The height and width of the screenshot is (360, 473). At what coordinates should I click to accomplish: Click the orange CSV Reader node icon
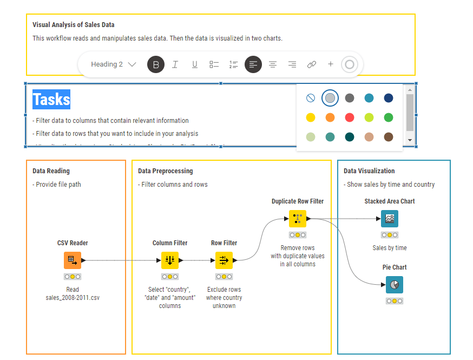point(72,260)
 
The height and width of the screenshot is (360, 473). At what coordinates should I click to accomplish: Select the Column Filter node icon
point(170,260)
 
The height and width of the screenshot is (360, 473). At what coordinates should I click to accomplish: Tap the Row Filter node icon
point(224,260)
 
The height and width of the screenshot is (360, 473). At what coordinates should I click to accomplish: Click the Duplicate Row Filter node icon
point(297,219)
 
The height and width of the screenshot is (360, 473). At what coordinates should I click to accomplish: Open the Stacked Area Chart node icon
point(390,219)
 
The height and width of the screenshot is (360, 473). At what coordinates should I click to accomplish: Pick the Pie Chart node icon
point(395,285)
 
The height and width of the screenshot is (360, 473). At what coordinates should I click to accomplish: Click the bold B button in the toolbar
point(156,64)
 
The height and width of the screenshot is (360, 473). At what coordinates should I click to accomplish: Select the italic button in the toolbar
point(175,64)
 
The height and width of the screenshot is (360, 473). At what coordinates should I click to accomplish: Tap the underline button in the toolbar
point(195,64)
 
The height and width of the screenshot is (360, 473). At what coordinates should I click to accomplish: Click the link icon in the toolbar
point(312,64)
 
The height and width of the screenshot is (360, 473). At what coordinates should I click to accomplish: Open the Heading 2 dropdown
point(113,64)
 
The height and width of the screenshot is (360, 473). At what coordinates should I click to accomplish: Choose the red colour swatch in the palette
point(350,117)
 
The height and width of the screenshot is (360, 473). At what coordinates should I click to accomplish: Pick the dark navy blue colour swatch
point(389,98)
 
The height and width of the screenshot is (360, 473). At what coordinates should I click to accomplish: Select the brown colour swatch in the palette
point(389,137)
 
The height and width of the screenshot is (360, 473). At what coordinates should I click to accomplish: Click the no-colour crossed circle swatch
point(311,98)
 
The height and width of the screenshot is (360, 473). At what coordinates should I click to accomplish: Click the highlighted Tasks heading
point(51,100)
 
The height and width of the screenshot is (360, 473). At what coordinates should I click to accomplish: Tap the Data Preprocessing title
point(165,171)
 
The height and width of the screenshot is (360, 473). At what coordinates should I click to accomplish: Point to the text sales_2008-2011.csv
point(73,298)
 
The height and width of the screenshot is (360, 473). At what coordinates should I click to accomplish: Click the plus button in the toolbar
point(331,64)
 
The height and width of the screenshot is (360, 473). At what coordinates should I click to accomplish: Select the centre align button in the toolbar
point(273,64)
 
